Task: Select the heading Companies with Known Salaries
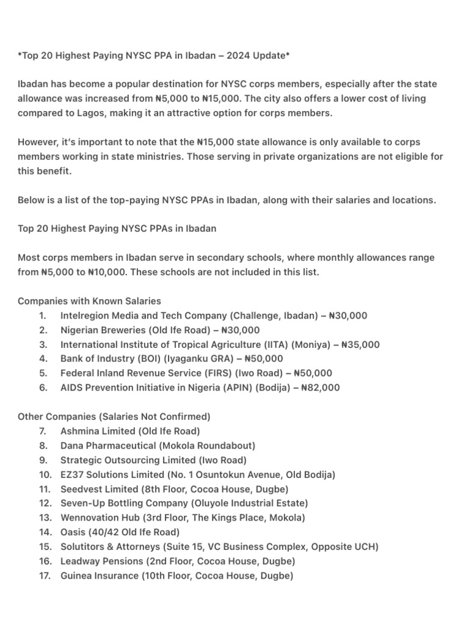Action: point(89,301)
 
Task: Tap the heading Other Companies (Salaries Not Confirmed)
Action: point(114,416)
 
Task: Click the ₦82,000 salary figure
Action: point(321,388)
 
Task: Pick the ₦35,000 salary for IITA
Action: point(360,345)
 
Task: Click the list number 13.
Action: point(45,518)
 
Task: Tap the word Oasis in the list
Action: point(73,532)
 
